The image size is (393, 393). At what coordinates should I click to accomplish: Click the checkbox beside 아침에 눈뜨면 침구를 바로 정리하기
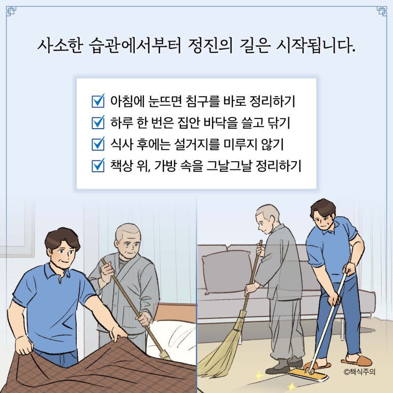(x=98, y=101)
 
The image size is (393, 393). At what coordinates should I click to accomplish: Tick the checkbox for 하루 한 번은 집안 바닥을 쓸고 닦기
(x=98, y=123)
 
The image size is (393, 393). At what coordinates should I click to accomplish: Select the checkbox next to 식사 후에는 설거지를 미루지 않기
(x=98, y=144)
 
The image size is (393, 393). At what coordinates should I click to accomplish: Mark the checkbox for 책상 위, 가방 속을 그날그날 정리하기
(x=98, y=165)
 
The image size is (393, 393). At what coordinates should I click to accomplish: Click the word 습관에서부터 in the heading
(x=135, y=46)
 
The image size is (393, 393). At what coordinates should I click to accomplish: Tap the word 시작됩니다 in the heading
(x=315, y=46)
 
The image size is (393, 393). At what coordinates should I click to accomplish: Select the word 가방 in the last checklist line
(x=165, y=166)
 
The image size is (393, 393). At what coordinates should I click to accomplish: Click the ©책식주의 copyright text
(x=359, y=372)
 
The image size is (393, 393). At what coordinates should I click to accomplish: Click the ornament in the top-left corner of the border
(x=11, y=11)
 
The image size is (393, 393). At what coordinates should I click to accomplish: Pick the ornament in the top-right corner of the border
(x=382, y=11)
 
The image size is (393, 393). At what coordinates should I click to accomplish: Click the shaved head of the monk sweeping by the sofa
(x=268, y=213)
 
